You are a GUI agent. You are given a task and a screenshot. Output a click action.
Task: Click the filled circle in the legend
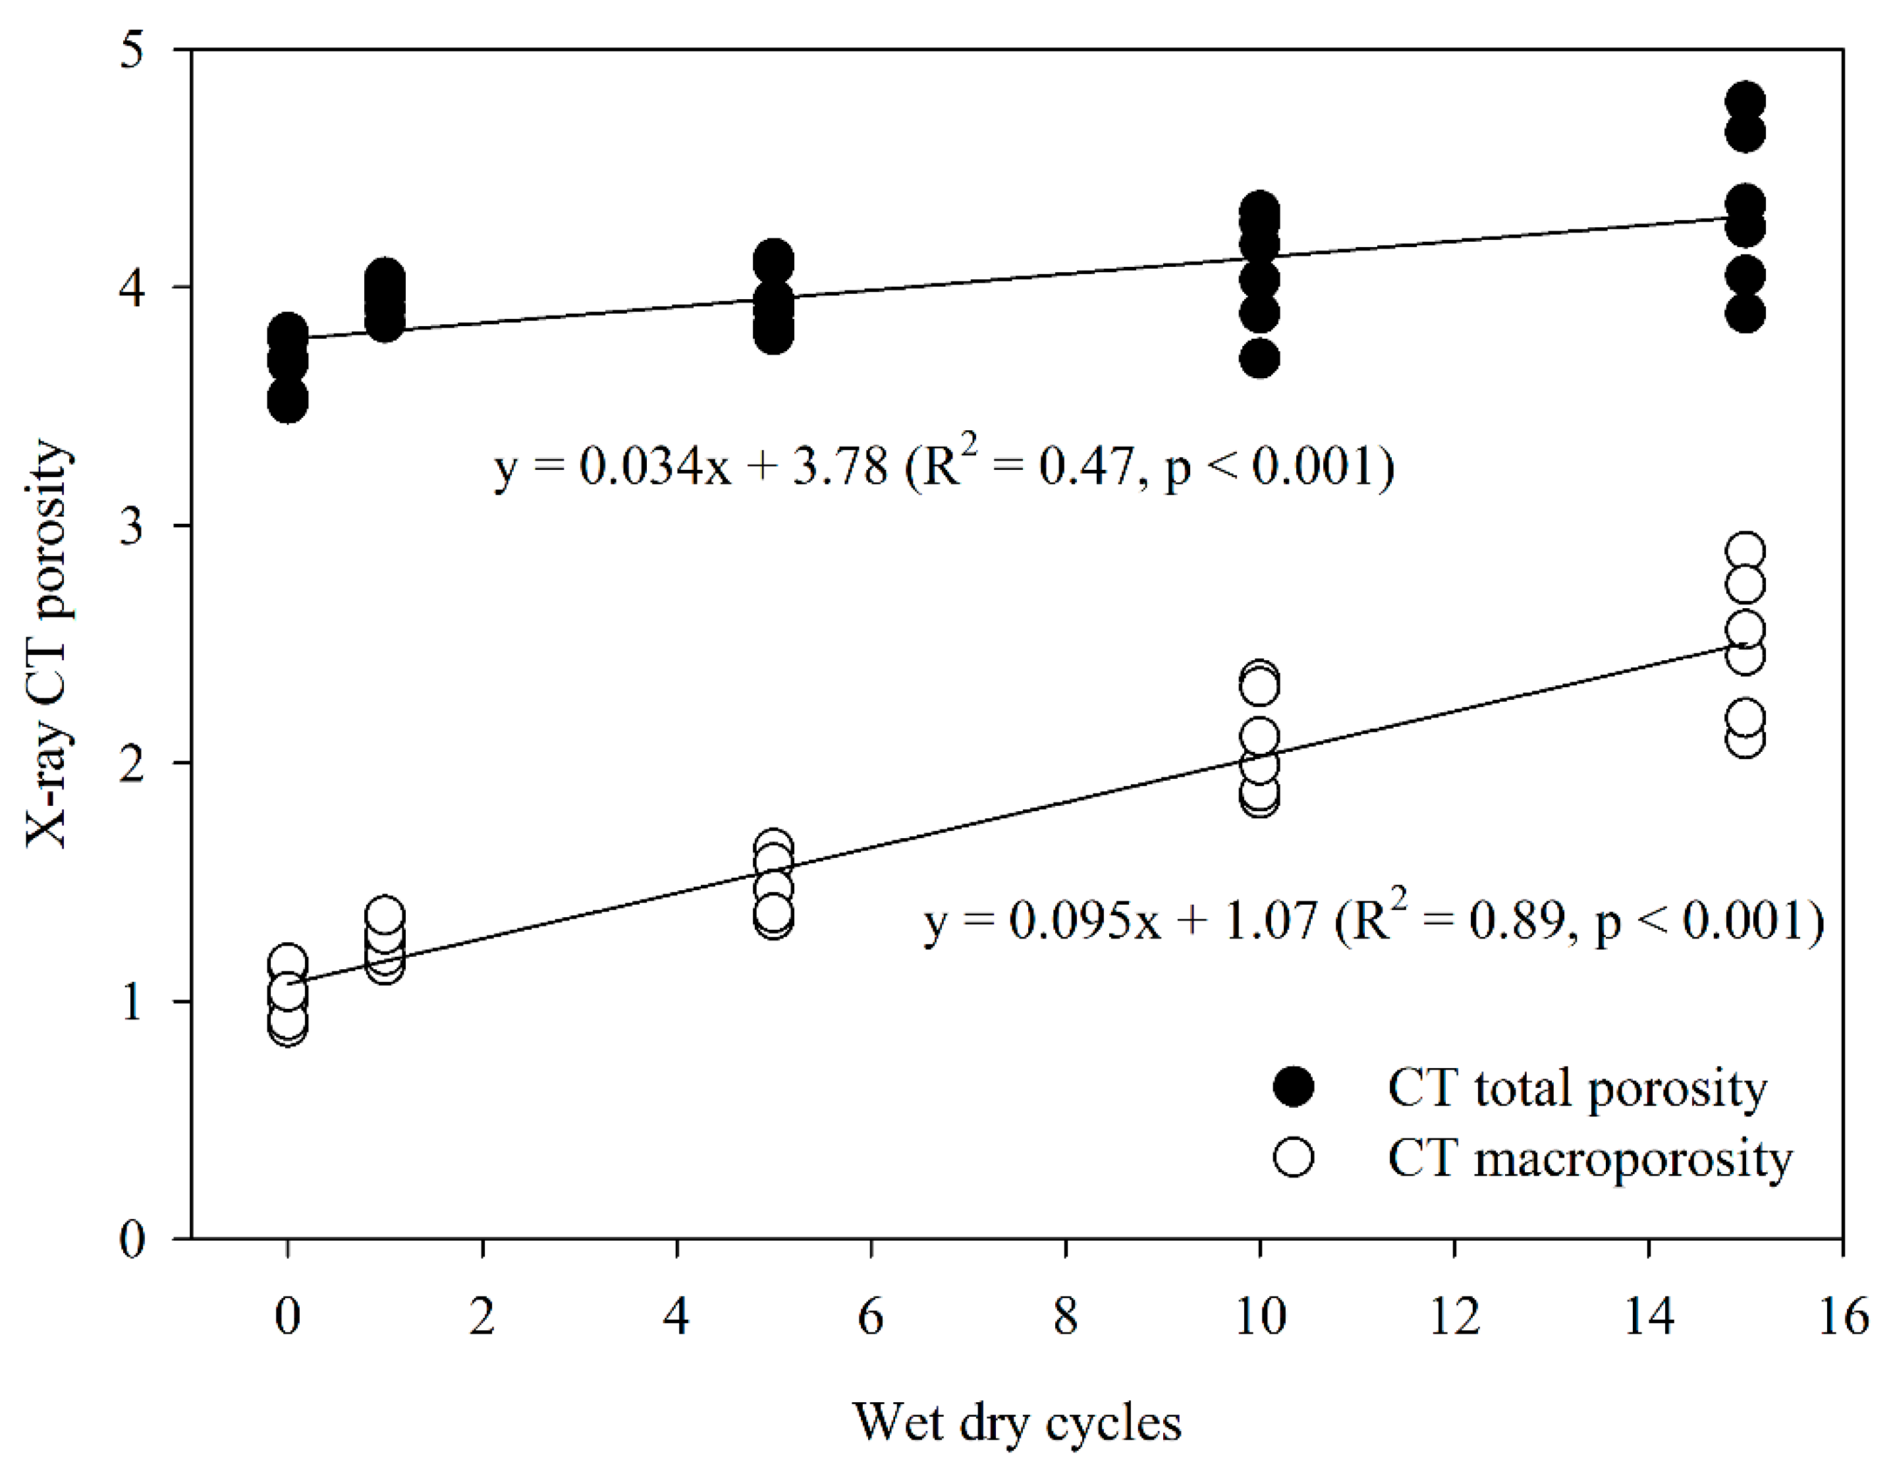1293,1087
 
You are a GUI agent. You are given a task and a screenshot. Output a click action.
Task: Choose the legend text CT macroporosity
1589,1159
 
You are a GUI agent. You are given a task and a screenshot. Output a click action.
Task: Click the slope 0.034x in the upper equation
655,467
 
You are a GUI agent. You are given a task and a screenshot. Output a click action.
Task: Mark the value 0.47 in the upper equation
1086,467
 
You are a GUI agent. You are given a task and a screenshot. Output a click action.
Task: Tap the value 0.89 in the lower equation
1516,920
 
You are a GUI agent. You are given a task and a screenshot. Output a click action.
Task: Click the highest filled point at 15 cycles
1745,101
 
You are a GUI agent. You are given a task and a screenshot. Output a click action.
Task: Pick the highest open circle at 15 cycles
1745,552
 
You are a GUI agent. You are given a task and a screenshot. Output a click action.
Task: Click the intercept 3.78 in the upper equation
840,467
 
